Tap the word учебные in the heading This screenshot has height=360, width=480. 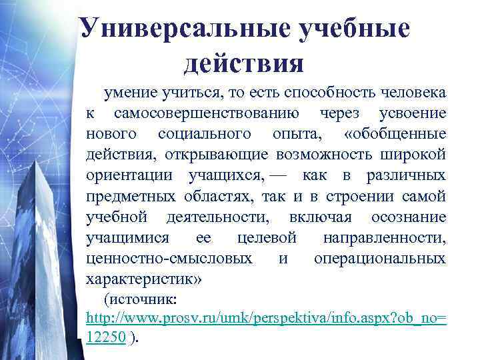coord(354,29)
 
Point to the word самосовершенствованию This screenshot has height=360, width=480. coord(206,113)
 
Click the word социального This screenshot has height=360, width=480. coord(205,134)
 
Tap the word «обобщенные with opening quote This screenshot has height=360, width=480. coord(395,134)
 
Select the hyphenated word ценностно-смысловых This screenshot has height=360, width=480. coord(170,258)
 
